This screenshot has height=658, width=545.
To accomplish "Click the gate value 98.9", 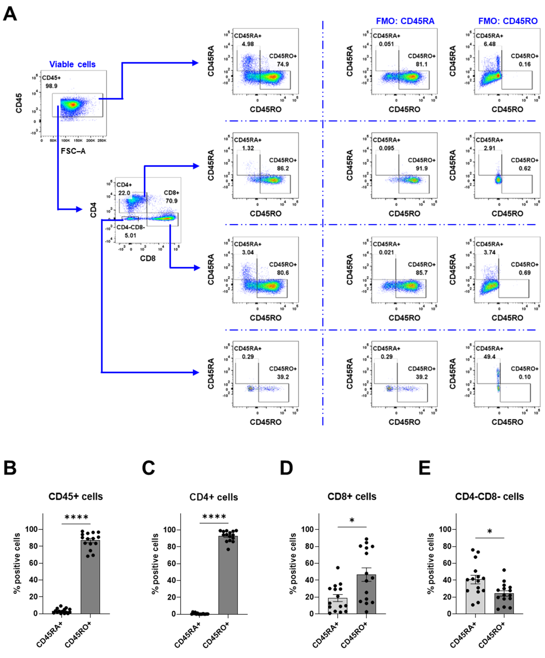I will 52,86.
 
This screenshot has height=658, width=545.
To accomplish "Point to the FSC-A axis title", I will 73,151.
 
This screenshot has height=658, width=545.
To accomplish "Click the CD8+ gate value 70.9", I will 171,201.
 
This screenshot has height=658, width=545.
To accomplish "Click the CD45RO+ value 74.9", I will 283,64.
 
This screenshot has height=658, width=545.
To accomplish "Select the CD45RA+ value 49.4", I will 489,357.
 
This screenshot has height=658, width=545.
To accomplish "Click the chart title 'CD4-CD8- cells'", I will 489,497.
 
